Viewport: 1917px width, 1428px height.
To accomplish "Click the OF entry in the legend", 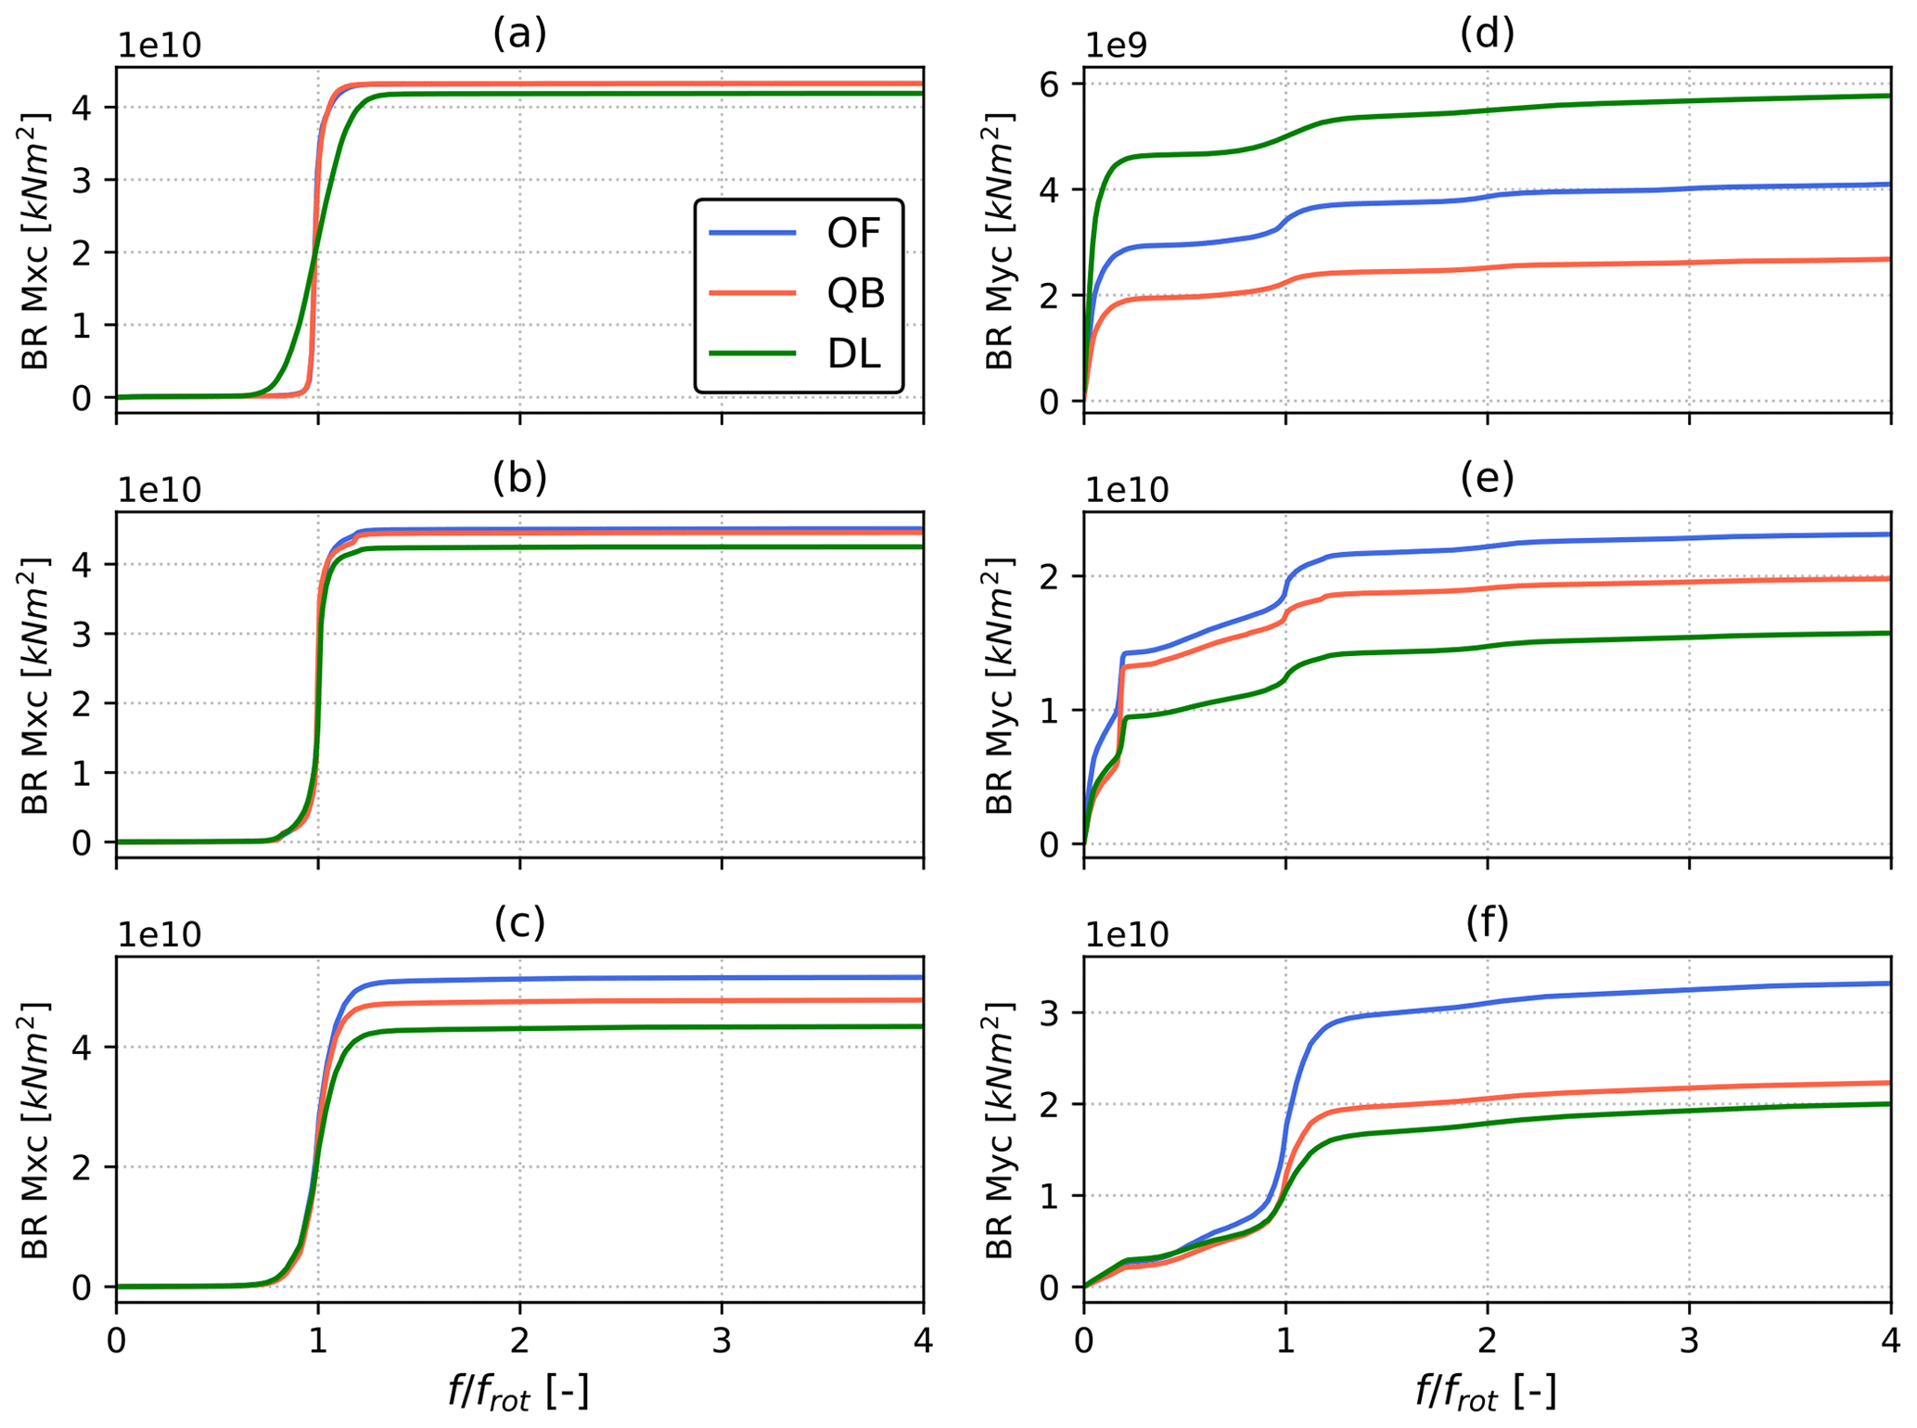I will (x=852, y=233).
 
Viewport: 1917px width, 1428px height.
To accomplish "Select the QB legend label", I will (x=855, y=293).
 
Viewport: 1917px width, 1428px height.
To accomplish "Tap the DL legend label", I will (x=852, y=354).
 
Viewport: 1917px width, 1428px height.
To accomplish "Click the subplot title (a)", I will (x=519, y=33).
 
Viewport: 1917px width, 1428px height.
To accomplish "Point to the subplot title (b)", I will (x=519, y=477).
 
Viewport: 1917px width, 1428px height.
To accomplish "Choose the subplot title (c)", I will (x=519, y=921).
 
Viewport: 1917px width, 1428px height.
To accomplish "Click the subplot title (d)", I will (x=1487, y=33).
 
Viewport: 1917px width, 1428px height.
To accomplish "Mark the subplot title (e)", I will (x=1487, y=477).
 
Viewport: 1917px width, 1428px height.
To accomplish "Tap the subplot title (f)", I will (x=1487, y=921).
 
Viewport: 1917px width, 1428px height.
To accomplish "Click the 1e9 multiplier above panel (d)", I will (x=1118, y=45).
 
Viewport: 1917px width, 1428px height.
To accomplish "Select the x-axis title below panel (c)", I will (x=518, y=1392).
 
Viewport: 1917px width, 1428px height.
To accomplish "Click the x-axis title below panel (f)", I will (x=1486, y=1392).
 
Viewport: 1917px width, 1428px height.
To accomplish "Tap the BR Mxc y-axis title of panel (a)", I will (x=36, y=240).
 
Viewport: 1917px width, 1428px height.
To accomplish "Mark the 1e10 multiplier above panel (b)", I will (x=159, y=490).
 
